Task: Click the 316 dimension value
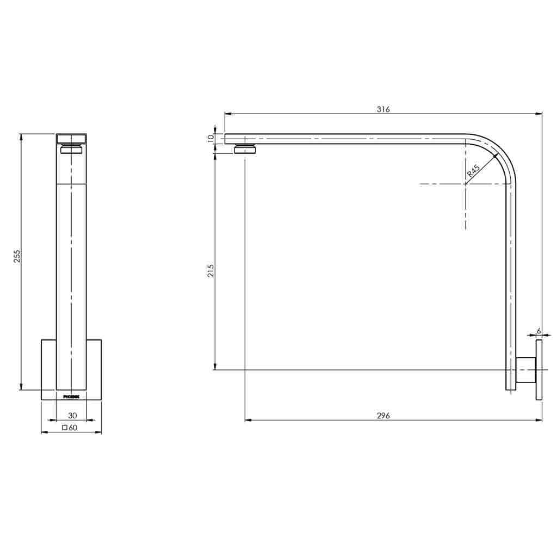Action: click(383, 109)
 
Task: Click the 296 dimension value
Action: click(383, 416)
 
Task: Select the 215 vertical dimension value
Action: click(211, 270)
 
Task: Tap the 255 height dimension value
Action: click(17, 256)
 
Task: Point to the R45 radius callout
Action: click(473, 172)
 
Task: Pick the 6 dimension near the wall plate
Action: click(539, 331)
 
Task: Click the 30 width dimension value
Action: click(72, 416)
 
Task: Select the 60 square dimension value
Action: click(73, 428)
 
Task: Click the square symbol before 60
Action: click(65, 428)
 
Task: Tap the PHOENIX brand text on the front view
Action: click(71, 397)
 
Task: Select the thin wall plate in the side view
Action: click(539, 370)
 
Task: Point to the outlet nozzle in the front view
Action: click(71, 149)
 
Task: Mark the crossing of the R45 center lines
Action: click(466, 184)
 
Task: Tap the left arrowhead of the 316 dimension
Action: click(228, 114)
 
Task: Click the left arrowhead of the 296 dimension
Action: click(248, 420)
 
